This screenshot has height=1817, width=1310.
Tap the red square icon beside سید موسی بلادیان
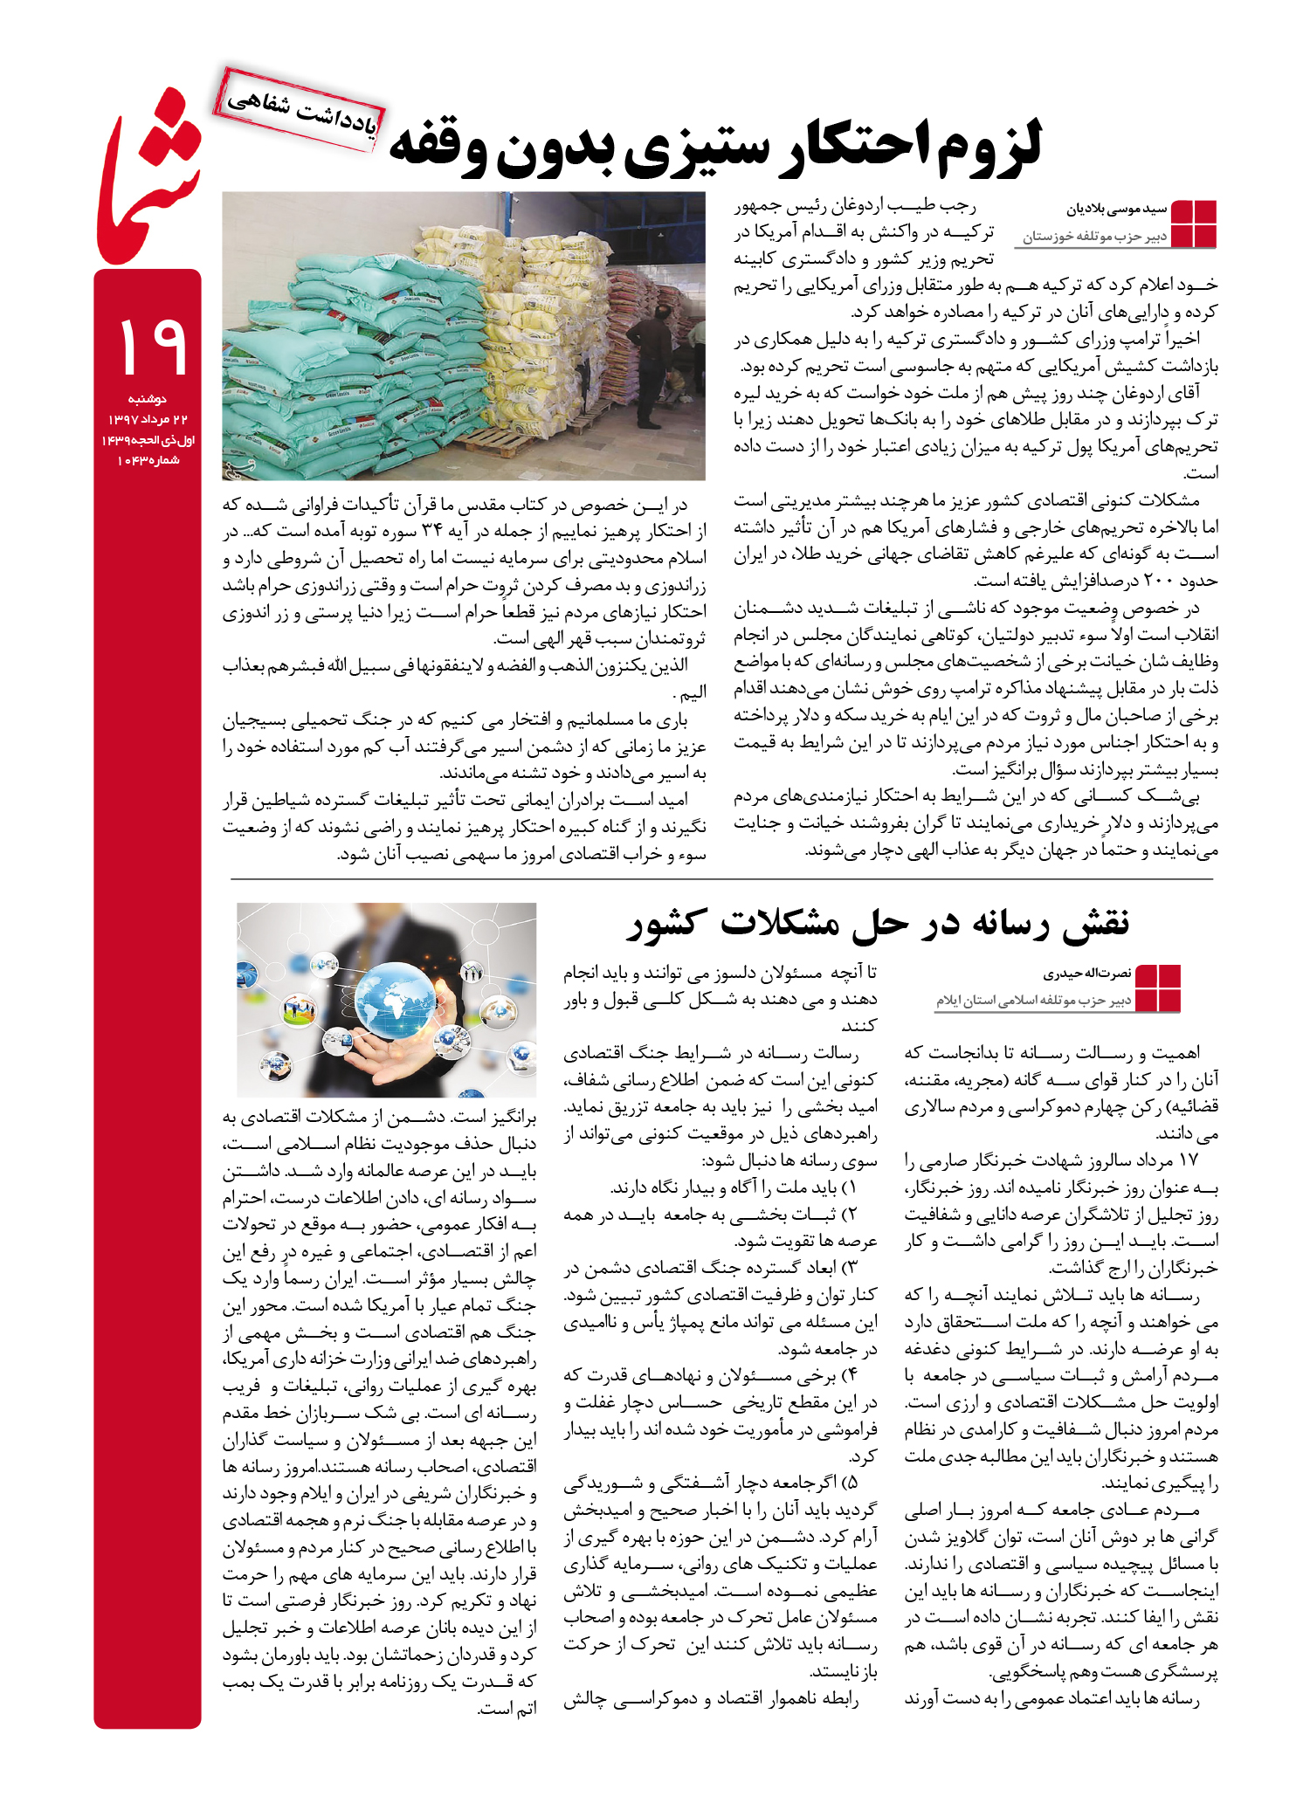point(1193,224)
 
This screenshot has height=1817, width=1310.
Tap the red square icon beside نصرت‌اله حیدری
point(1157,988)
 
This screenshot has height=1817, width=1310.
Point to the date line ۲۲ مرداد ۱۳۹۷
point(148,420)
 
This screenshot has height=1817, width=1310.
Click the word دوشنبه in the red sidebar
point(148,399)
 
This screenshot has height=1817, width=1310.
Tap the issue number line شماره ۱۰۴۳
point(148,460)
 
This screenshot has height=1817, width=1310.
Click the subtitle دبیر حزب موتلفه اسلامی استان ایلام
point(1034,1001)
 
